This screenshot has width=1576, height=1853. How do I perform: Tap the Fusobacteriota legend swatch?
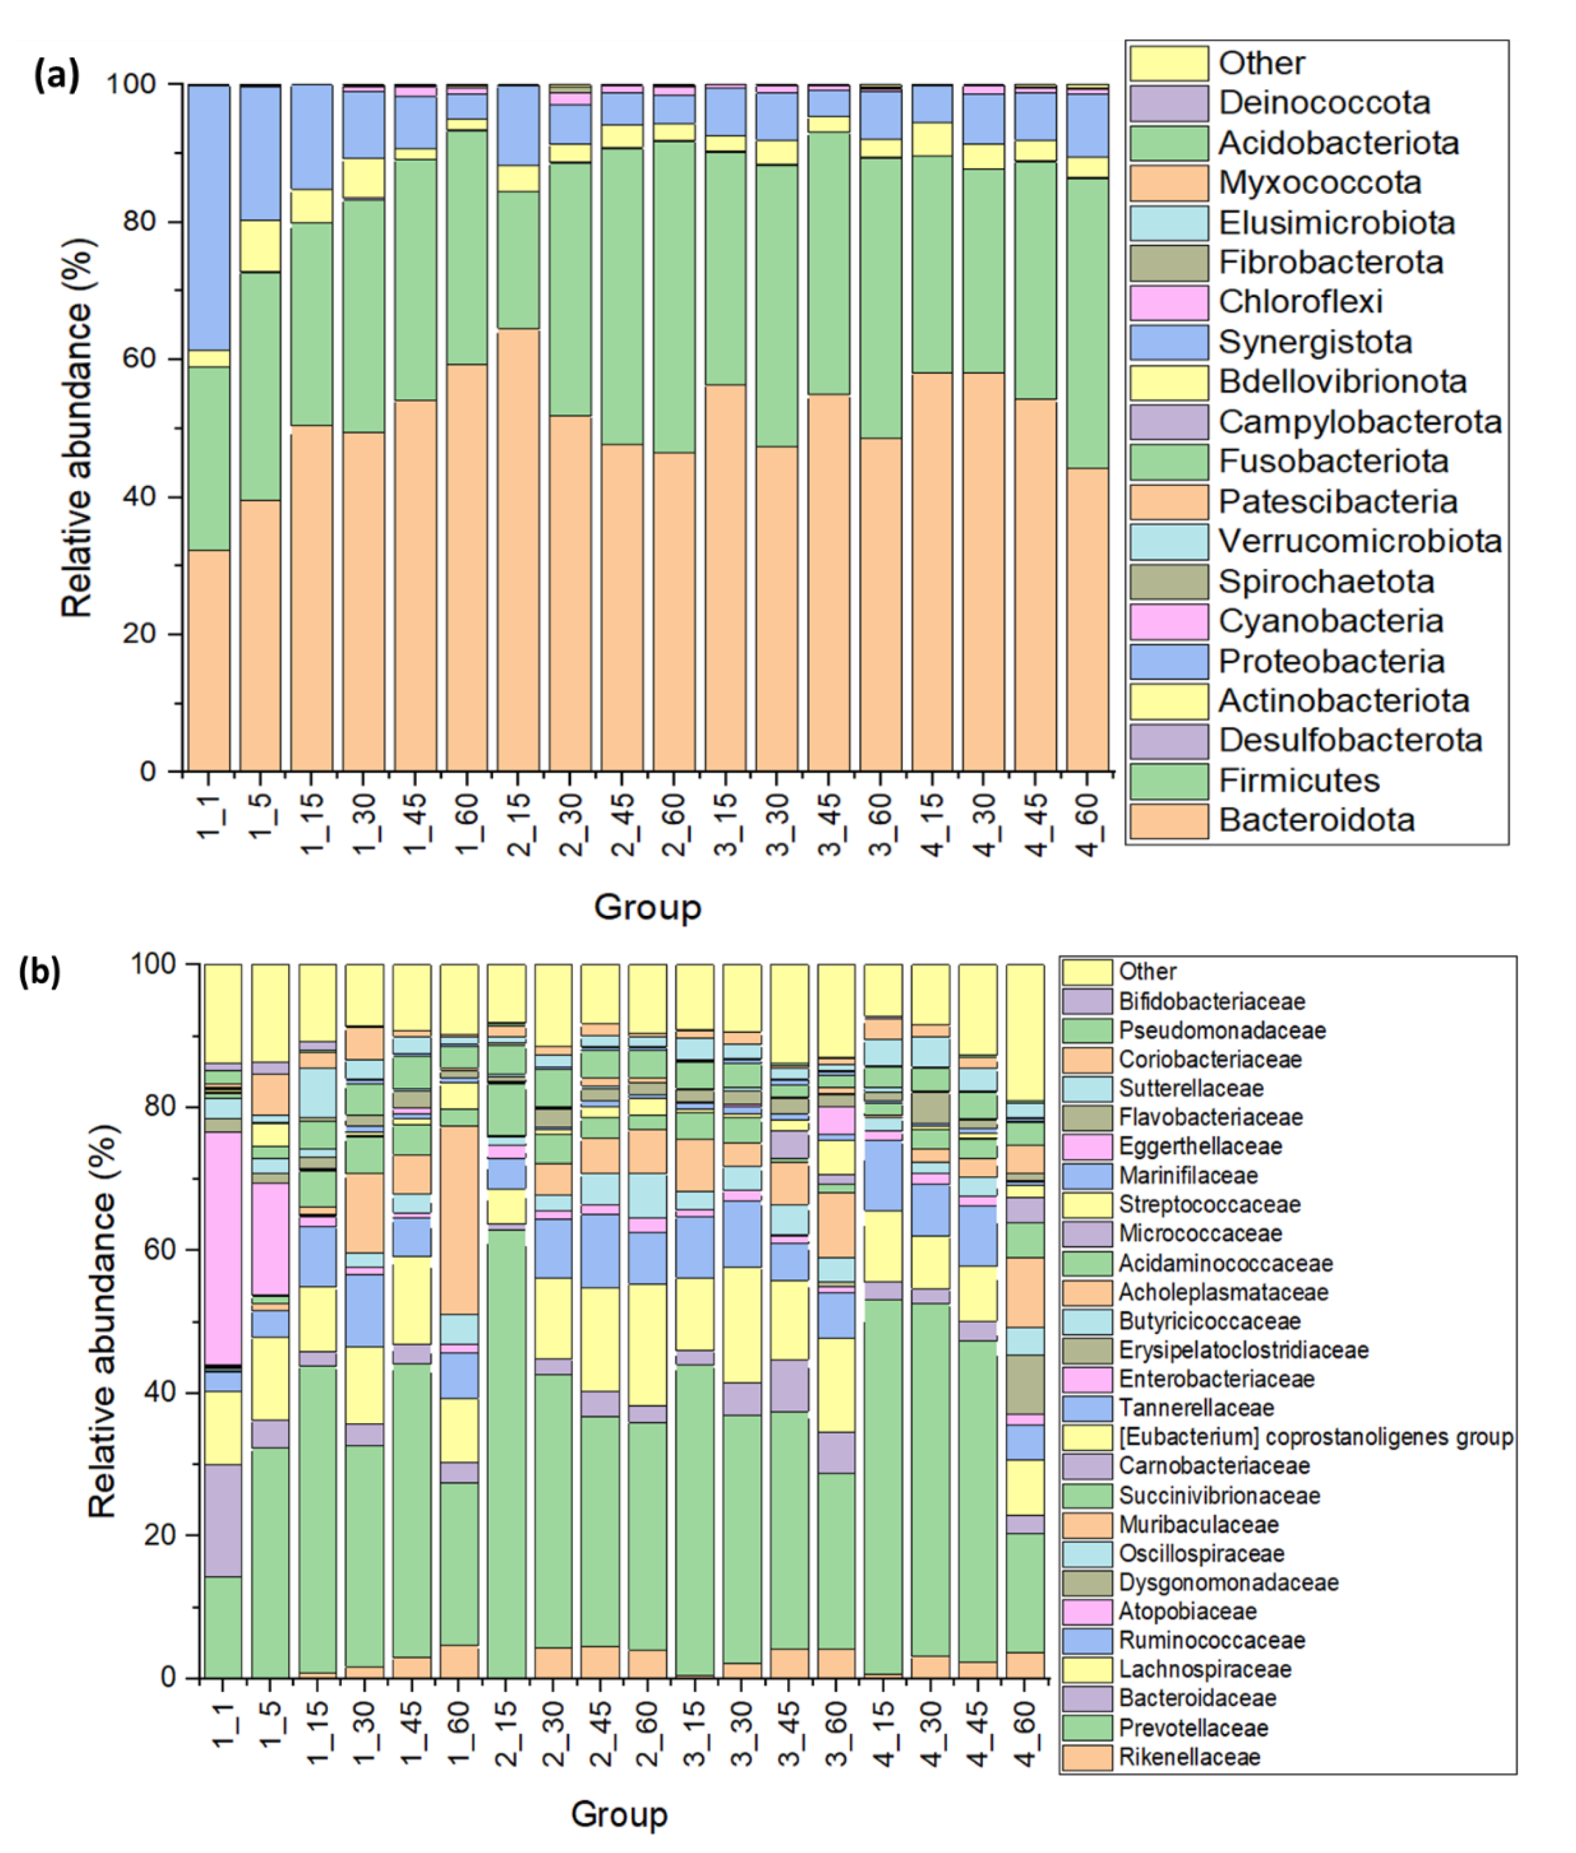coord(1169,462)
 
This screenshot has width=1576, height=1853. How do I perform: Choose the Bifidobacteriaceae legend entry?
coord(1211,1001)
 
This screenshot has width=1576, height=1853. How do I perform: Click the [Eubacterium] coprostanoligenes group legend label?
coord(1315,1437)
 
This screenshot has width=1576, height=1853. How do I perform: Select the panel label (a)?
coord(56,75)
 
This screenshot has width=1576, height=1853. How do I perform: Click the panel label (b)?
coord(40,972)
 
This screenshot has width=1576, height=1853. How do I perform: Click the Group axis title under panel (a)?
coord(647,908)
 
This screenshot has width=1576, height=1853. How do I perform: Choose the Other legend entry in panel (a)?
coord(1260,64)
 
